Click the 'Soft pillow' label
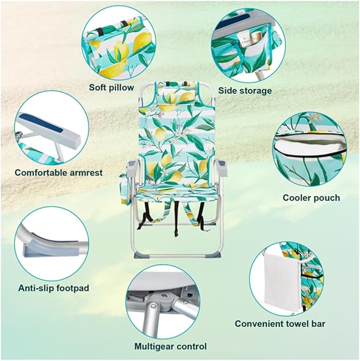[x=111, y=88]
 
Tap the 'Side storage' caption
[x=245, y=91]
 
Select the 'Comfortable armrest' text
[x=59, y=173]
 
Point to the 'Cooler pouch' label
[x=311, y=198]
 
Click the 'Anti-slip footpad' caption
[x=54, y=288]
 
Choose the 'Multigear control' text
[x=170, y=346]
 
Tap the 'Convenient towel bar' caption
[x=280, y=324]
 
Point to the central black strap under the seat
[x=177, y=218]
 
